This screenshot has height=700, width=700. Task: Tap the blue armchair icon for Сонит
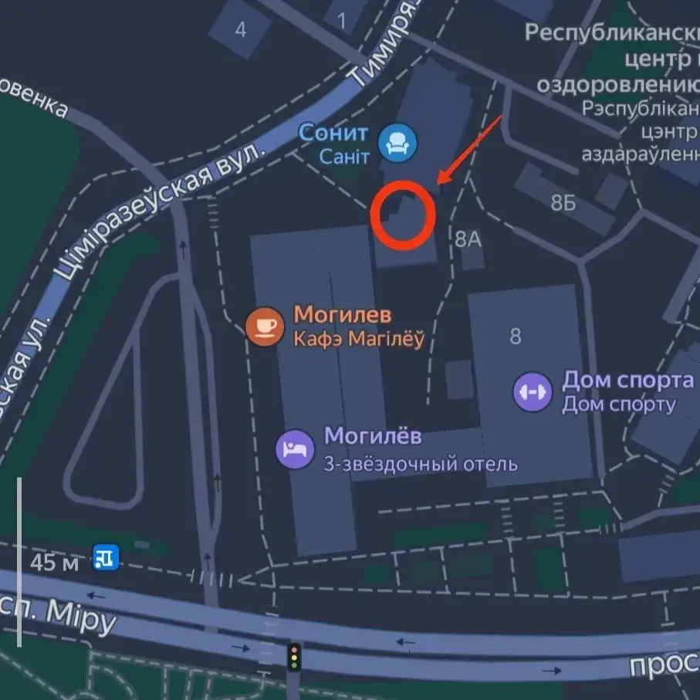pos(398,143)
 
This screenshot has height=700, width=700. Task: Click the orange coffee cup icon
pos(265,326)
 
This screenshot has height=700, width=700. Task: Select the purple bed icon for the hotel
pos(296,448)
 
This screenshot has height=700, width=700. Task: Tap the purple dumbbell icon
pos(533,391)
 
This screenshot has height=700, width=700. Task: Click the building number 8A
pos(468,238)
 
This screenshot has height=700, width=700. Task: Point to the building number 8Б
pos(563,203)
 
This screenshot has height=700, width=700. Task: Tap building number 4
pos(241,30)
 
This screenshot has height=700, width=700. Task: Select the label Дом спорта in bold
pos(627,380)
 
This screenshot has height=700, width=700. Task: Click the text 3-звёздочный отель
pos(421,464)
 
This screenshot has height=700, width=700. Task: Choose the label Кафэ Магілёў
pos(359,340)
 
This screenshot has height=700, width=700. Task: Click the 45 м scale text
pos(54,562)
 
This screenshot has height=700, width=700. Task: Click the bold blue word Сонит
pos(333,133)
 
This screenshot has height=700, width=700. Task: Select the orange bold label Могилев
pos(343,315)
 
